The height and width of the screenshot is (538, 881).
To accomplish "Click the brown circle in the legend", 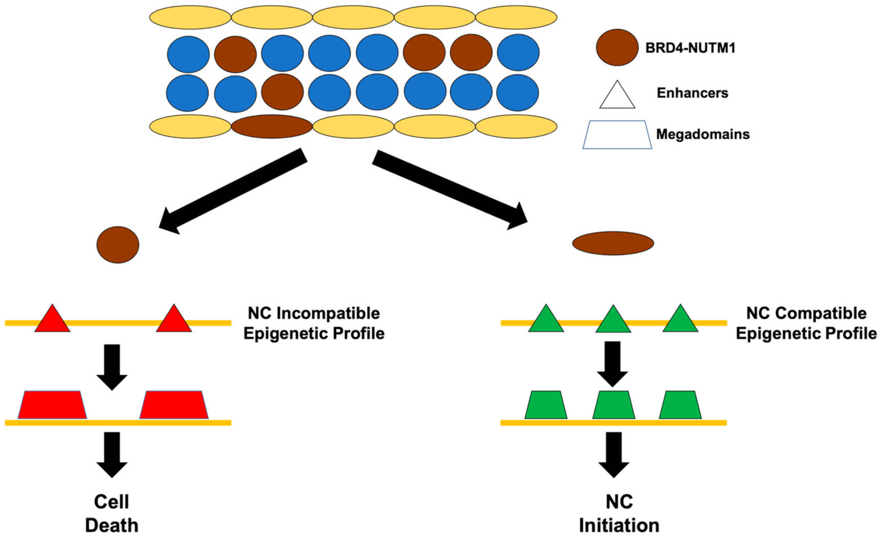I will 617,48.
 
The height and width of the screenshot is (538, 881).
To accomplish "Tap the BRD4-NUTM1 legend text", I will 690,48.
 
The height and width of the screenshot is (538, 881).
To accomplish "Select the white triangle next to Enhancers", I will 617,96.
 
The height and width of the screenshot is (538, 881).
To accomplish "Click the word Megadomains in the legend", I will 702,134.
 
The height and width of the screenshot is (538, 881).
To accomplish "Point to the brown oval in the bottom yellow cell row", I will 272,126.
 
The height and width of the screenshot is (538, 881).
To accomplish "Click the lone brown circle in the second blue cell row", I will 282,92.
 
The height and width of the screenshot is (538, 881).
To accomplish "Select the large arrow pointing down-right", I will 450,190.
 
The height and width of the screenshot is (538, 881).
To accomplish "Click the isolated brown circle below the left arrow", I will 118,245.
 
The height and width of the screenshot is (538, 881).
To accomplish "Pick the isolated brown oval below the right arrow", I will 613,243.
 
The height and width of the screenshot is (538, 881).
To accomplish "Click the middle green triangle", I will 613,320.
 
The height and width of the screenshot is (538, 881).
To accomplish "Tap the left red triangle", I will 52,320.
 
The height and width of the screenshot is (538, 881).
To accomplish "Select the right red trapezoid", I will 174,405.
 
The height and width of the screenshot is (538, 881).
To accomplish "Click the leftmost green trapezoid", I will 546,405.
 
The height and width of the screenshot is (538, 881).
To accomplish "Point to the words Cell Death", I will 112,513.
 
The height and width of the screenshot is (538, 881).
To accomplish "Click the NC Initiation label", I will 619,513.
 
